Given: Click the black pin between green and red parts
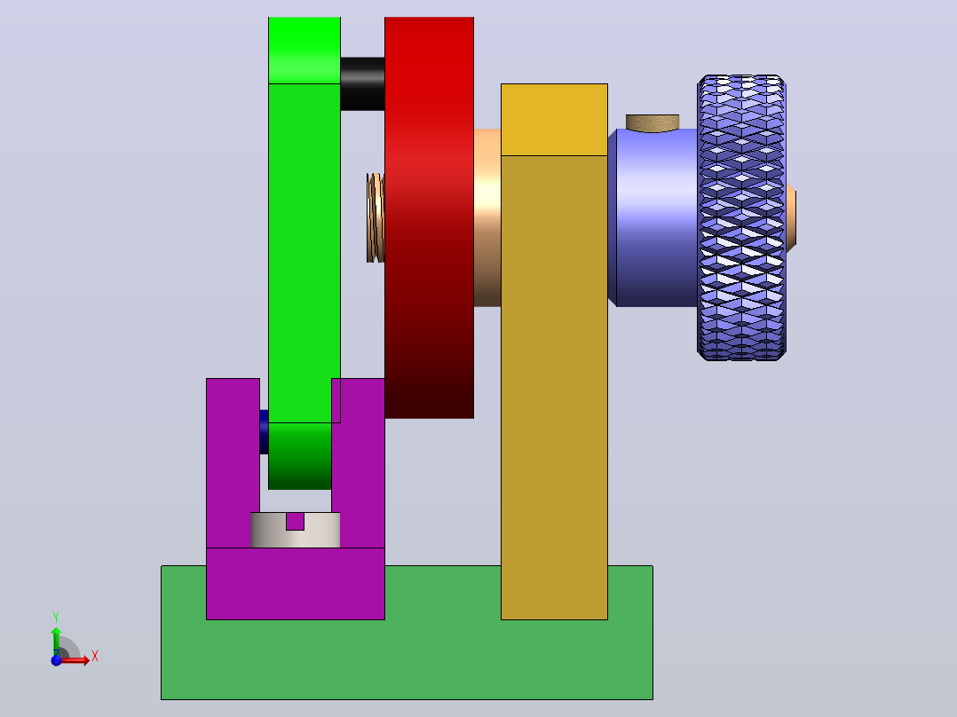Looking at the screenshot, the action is click(362, 83).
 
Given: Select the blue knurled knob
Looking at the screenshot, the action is click(741, 217).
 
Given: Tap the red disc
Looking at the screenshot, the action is click(429, 217).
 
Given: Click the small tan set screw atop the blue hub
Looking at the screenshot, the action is click(652, 123).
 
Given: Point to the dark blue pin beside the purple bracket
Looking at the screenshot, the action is click(264, 431).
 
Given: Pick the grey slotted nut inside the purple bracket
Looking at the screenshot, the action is click(296, 530).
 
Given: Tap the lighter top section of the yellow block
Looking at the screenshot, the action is click(554, 120).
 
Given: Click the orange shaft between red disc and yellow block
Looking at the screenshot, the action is click(487, 217).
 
